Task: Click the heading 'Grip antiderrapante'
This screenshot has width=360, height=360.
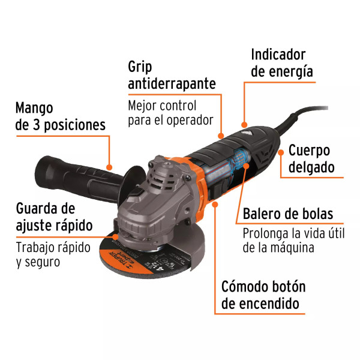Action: point(172,75)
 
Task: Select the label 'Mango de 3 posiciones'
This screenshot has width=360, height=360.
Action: point(60,117)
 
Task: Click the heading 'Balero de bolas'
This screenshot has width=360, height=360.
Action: point(288,214)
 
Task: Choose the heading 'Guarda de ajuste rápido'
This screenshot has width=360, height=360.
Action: point(54,217)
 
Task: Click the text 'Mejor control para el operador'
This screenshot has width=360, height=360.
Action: point(170,113)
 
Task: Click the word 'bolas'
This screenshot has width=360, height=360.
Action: point(317,214)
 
